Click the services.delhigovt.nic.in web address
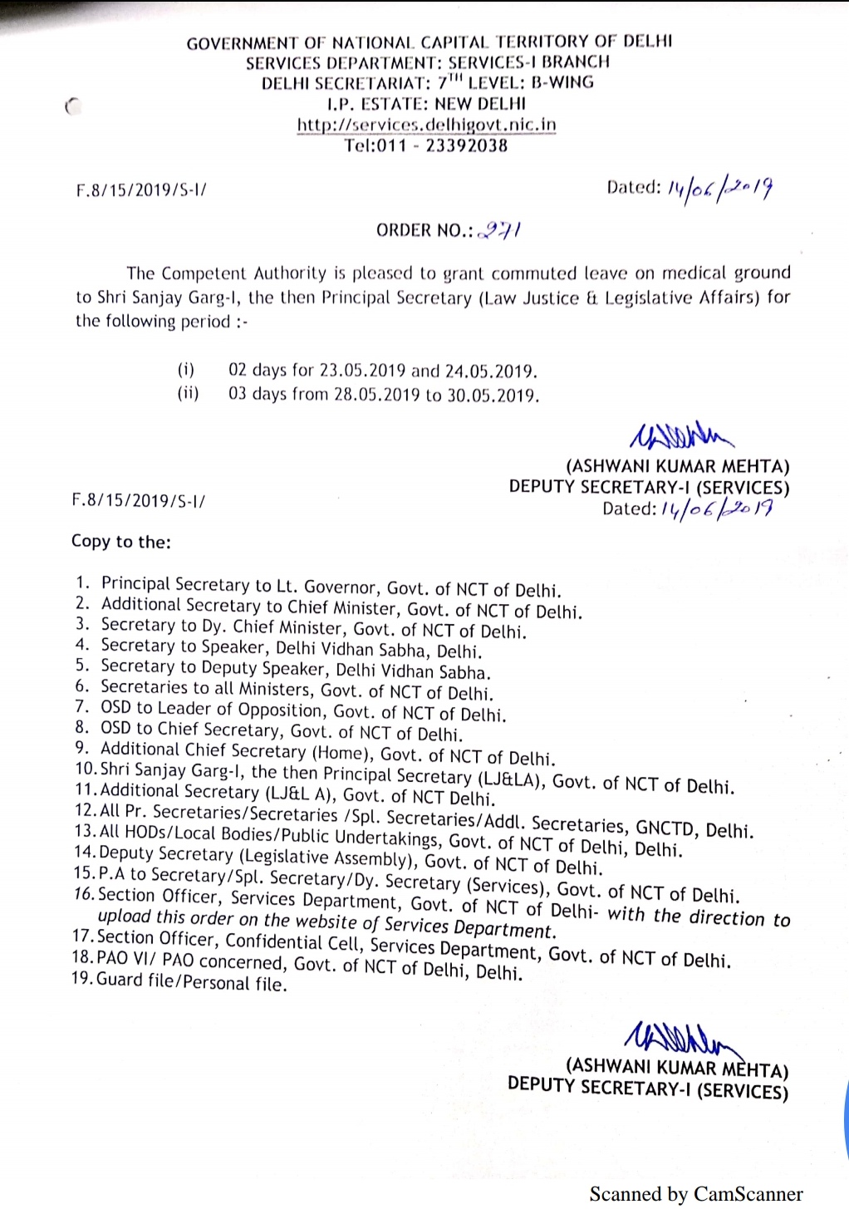(x=427, y=125)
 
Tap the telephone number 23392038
(x=466, y=146)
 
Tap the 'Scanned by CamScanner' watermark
(x=696, y=1194)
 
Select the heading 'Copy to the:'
(x=121, y=542)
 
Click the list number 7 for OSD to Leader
(x=81, y=707)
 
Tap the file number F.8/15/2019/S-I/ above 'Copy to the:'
(x=139, y=500)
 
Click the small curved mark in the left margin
(x=72, y=106)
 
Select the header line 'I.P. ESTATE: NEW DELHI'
(x=426, y=104)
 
